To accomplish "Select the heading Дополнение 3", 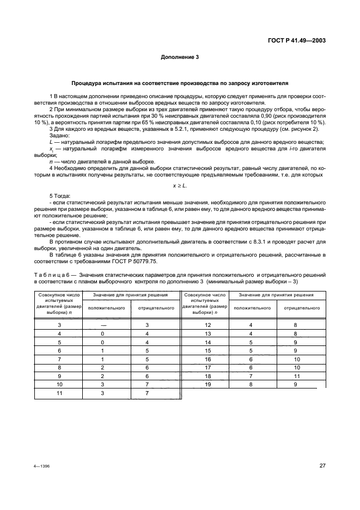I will click(180, 57).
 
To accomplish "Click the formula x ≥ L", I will click(180, 186).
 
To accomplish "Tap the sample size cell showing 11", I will click(60, 393).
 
